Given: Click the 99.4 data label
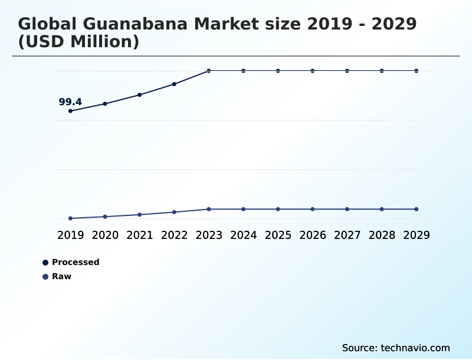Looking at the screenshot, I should tap(70, 102).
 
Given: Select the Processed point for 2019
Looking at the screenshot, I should tap(71, 111).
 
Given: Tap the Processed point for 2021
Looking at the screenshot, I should tap(140, 94).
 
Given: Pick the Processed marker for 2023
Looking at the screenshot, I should tap(209, 71).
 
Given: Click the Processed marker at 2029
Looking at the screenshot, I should tap(416, 71).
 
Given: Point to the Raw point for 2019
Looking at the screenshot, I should tap(71, 218).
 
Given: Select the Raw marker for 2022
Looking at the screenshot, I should tap(174, 212).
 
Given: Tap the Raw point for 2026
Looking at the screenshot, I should tap(313, 209).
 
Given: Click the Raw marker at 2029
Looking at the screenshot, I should tap(416, 209).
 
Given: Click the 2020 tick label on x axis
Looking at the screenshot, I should tap(105, 235).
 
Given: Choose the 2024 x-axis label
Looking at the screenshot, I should tap(243, 235).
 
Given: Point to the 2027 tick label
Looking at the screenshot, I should tap(347, 235).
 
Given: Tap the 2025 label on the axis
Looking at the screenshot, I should tap(278, 235).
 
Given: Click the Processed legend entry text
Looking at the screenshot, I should tap(76, 262).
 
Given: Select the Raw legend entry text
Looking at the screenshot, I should tap(61, 276).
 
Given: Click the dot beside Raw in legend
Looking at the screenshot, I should tap(45, 276).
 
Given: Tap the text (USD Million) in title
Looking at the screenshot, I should tap(78, 42).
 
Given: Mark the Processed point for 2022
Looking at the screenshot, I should tap(174, 84).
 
